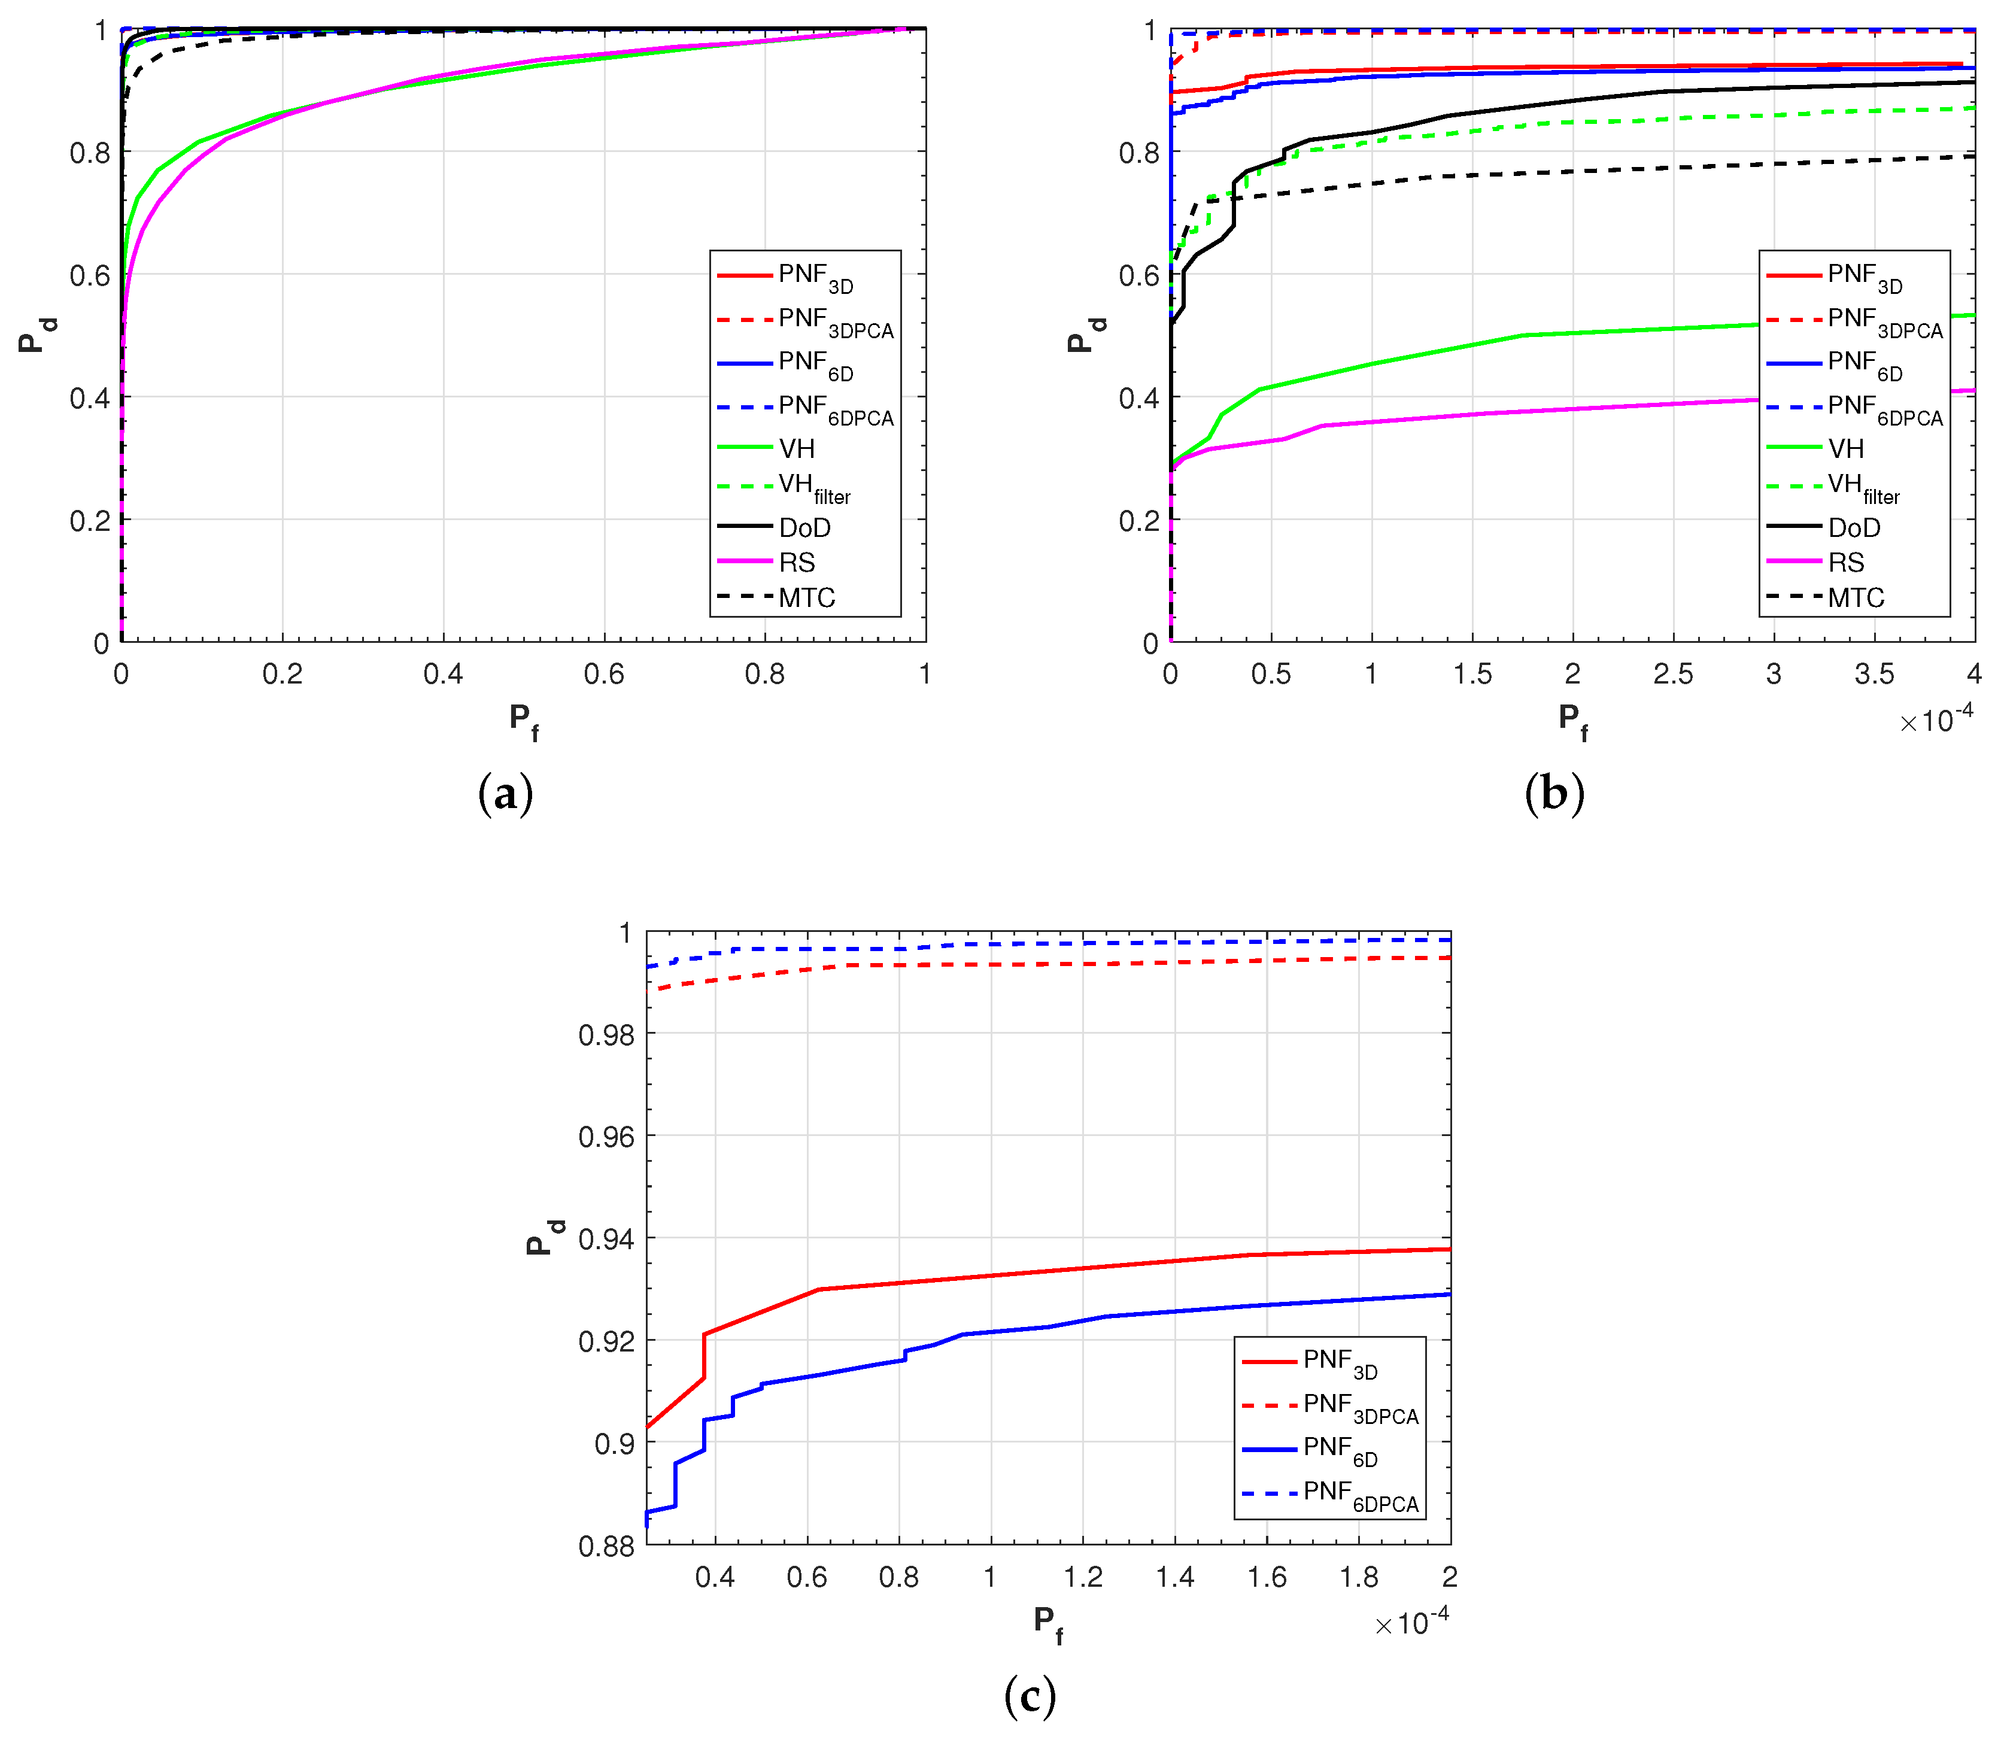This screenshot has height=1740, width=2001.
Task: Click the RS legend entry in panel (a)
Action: pos(796,562)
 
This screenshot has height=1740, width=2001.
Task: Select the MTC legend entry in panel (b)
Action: pos(1854,597)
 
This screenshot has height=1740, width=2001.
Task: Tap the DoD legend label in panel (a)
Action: pos(804,527)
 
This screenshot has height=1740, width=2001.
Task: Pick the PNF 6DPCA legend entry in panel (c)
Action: pos(1359,1495)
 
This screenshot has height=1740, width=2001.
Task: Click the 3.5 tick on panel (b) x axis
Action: pos(1874,674)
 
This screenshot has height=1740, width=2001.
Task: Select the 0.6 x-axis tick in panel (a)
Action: pos(604,674)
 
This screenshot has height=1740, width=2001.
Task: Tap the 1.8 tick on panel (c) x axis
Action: pos(1358,1577)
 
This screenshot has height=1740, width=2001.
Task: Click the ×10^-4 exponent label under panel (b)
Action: pos(1936,719)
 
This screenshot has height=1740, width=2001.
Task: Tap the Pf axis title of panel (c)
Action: pos(1047,1623)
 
